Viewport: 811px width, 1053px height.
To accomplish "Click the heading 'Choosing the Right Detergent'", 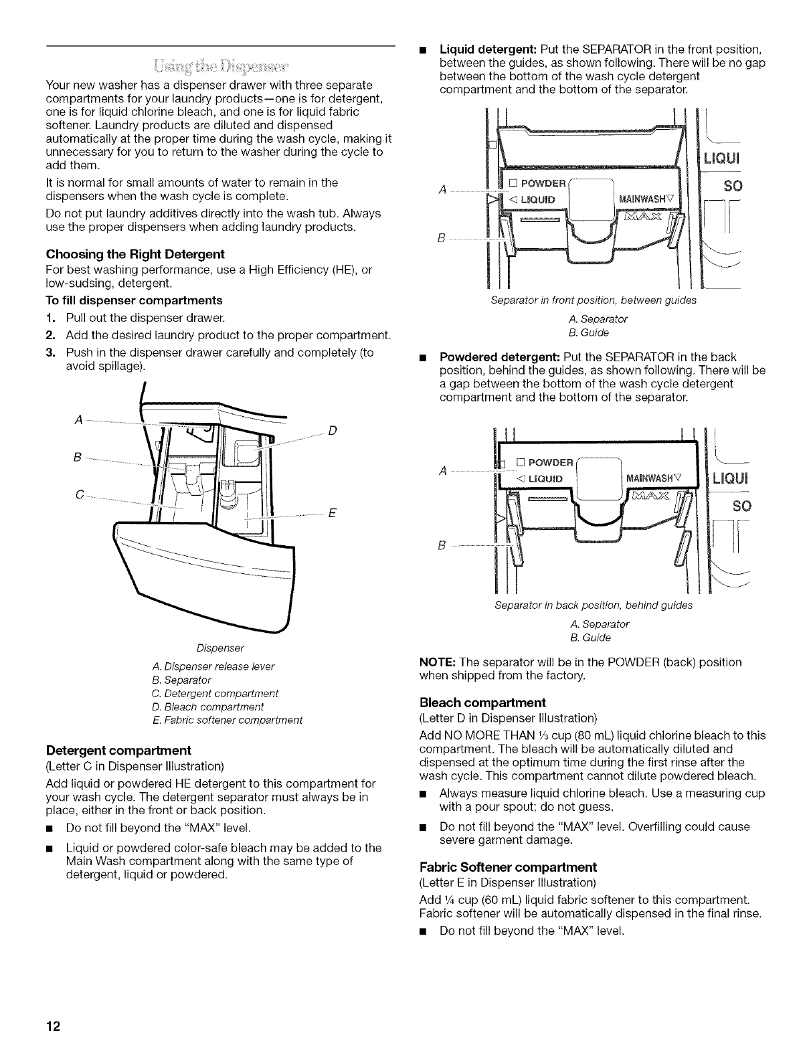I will (135, 254).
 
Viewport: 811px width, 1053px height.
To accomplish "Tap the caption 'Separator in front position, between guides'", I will (594, 300).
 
